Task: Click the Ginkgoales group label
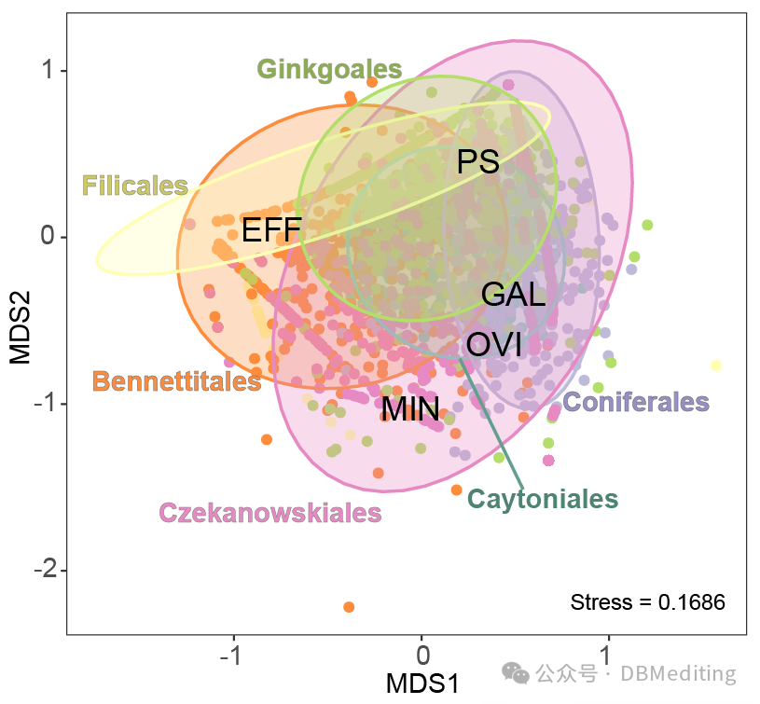(x=329, y=69)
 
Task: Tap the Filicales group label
(x=135, y=186)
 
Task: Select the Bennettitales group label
(x=176, y=380)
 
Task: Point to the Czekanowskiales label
(x=270, y=512)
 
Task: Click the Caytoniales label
(x=543, y=498)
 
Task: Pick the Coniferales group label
(x=636, y=402)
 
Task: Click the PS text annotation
(x=478, y=161)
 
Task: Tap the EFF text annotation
(x=270, y=229)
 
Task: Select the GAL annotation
(x=513, y=295)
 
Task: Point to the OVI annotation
(x=493, y=344)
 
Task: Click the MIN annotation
(x=410, y=408)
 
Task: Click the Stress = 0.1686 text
(x=647, y=601)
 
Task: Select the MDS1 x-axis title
(x=421, y=683)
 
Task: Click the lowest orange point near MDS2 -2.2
(x=349, y=607)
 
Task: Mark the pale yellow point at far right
(x=716, y=366)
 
